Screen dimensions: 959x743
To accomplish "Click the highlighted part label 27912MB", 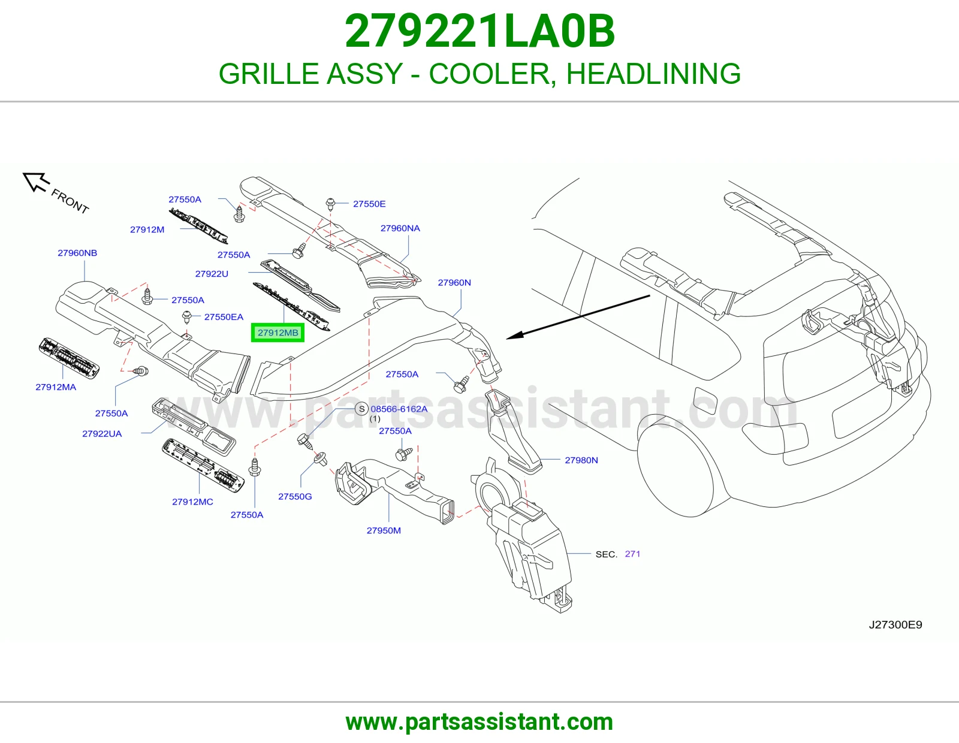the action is (278, 333).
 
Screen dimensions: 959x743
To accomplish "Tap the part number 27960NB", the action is (77, 253).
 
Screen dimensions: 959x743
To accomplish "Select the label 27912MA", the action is (56, 387).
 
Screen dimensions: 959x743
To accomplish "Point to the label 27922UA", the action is (102, 434).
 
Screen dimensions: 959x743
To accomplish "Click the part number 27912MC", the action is (192, 502).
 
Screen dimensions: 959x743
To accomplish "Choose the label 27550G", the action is (295, 496).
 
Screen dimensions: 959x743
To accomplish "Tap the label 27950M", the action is (384, 530).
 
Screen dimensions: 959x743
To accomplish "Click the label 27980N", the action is (581, 460).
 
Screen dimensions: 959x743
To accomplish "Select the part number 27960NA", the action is (400, 228).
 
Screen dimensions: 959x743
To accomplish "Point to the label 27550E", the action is (369, 204).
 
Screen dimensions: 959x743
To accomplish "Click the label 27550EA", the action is (224, 317).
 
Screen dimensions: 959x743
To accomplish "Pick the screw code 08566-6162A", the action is (399, 409).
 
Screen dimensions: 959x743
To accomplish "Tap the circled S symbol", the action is (361, 409).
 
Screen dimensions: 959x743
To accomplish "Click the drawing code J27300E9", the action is (895, 625).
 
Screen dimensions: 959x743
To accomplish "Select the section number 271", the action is (632, 554).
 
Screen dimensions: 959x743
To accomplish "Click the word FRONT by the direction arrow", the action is (70, 201).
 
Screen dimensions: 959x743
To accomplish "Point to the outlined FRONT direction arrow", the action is (36, 182).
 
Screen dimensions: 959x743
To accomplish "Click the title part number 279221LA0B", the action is (479, 31).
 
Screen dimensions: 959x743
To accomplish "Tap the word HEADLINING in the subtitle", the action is (653, 74).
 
